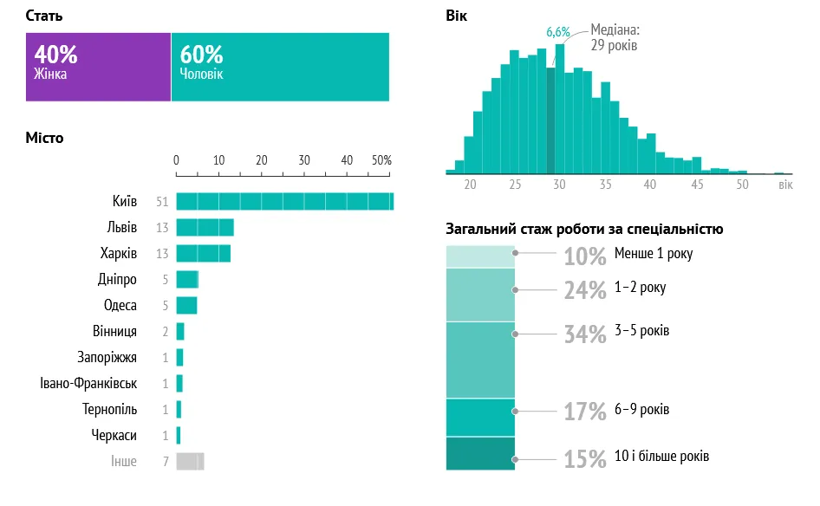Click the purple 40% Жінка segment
(98, 67)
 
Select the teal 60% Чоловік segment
(280, 67)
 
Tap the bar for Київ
(284, 202)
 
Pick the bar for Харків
(203, 254)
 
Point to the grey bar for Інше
(190, 461)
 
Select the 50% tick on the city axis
(381, 160)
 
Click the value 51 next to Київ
(161, 202)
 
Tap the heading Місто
(44, 138)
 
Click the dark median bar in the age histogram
(550, 120)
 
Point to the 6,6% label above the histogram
(557, 32)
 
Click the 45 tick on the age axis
(697, 185)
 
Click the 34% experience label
(585, 334)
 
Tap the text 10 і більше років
(661, 456)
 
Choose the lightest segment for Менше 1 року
(480, 256)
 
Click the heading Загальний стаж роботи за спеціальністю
(584, 230)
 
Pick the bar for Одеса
(186, 306)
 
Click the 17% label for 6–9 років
(585, 412)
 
